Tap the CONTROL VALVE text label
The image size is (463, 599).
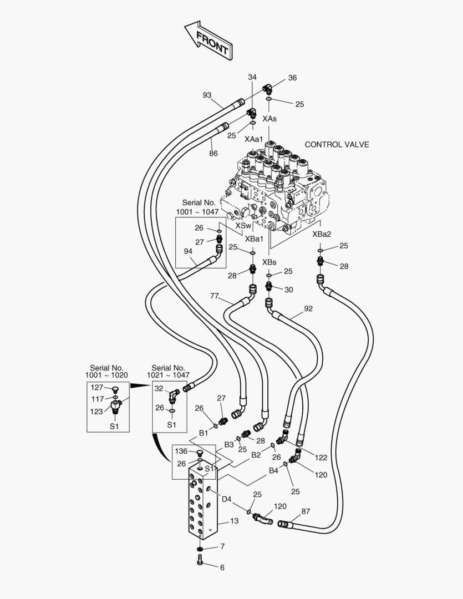[337, 145]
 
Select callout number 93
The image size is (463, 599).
[207, 95]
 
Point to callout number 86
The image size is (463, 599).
[213, 154]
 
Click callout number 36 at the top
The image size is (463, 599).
[292, 78]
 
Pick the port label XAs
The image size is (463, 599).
[269, 119]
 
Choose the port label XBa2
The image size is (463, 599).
[322, 234]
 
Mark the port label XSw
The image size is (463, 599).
[243, 226]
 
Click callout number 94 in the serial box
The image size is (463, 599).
[189, 251]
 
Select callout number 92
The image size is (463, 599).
[308, 308]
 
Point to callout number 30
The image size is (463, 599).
[289, 290]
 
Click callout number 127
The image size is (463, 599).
[97, 387]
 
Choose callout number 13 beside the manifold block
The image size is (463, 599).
[234, 521]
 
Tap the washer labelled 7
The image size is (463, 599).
[200, 549]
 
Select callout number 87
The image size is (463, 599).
[306, 511]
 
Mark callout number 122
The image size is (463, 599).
[321, 458]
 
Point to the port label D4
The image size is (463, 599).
[226, 499]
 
